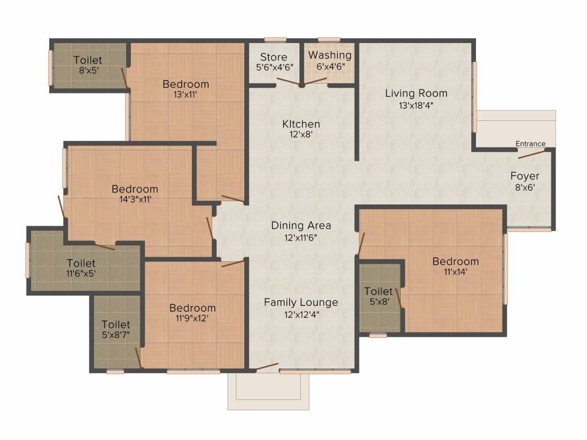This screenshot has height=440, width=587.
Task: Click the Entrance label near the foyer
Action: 530,144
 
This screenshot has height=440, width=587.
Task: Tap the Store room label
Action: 273,57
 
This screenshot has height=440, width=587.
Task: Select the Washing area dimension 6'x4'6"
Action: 330,66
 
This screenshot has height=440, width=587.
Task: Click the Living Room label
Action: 416,93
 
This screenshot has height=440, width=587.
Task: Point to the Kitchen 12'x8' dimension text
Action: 301,135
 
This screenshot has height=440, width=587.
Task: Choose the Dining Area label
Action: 301,225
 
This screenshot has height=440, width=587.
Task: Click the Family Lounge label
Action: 301,302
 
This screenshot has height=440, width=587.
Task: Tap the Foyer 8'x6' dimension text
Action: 525,187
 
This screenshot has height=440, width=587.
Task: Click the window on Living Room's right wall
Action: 475,97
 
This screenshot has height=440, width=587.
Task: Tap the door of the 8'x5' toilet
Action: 124,77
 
